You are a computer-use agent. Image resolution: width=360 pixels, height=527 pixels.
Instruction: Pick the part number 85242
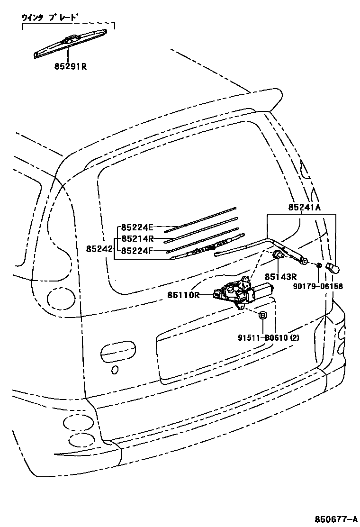click(x=99, y=248)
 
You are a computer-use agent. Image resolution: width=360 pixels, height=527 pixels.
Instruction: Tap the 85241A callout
click(x=305, y=207)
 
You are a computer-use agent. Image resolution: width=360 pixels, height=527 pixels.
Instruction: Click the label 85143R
click(x=280, y=277)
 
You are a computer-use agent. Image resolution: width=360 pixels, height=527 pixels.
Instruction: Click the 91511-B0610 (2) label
click(x=269, y=337)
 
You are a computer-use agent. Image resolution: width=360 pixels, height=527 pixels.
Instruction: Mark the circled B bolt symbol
click(x=262, y=315)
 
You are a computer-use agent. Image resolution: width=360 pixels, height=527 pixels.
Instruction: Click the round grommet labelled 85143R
click(x=280, y=256)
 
